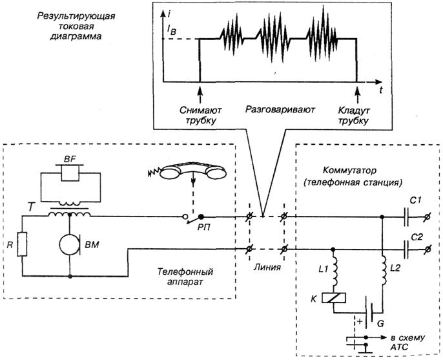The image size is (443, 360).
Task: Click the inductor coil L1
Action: pyautogui.click(x=335, y=273)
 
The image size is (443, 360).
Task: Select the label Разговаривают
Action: pyautogui.click(x=280, y=110)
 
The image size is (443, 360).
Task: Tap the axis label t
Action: pyautogui.click(x=381, y=91)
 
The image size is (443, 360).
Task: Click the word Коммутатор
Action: pyautogui.click(x=345, y=171)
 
